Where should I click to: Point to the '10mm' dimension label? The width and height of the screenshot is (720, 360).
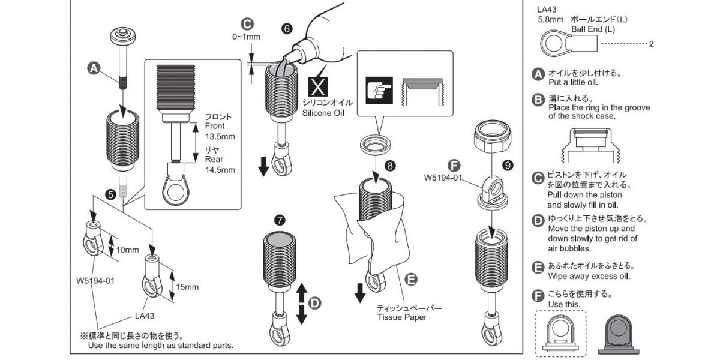click(x=128, y=250)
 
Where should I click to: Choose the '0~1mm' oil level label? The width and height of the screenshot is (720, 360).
click(x=246, y=37)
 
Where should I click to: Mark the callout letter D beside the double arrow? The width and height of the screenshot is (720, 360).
click(x=316, y=304)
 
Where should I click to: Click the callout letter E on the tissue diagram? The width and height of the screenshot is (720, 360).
click(x=410, y=279)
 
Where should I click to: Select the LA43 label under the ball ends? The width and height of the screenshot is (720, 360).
click(x=146, y=315)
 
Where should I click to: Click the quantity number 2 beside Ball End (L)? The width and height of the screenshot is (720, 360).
click(x=651, y=44)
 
